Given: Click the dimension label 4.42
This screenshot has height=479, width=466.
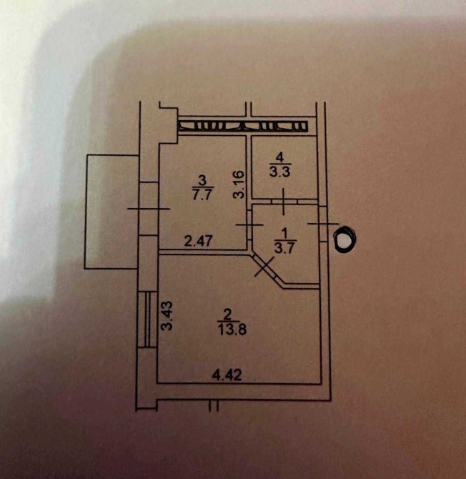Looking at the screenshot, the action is (x=227, y=375).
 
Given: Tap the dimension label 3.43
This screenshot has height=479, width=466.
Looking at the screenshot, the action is (x=167, y=316).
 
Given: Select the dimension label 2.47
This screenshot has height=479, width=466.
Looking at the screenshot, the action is (x=198, y=241).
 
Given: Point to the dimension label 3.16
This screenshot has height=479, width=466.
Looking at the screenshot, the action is (x=239, y=184).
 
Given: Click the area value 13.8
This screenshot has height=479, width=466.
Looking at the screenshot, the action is (x=232, y=330).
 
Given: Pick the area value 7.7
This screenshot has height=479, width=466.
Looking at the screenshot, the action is (x=202, y=194).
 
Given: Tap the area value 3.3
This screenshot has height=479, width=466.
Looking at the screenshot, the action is (x=279, y=172).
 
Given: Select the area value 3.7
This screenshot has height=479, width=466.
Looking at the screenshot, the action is (x=284, y=248).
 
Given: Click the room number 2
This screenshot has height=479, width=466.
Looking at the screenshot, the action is (x=227, y=315).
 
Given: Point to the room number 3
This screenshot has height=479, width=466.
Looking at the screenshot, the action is (x=202, y=180).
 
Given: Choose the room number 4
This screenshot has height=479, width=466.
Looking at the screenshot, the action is (x=279, y=157).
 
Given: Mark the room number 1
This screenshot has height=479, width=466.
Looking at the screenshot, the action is (x=284, y=234).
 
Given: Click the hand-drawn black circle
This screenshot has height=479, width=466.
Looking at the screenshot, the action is (x=345, y=239).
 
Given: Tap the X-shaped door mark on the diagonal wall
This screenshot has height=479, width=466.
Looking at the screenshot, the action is (x=264, y=267).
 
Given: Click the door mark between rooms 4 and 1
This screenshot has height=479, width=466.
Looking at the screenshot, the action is (x=284, y=202).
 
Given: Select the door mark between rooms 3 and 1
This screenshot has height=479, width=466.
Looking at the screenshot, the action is (x=249, y=224).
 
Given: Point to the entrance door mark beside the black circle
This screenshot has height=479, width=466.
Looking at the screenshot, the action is (x=323, y=224).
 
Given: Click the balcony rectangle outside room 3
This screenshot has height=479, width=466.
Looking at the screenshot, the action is (x=111, y=212).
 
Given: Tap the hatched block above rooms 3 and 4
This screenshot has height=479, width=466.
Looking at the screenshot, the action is (x=243, y=126).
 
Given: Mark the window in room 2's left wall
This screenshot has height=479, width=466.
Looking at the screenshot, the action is (x=147, y=320).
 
